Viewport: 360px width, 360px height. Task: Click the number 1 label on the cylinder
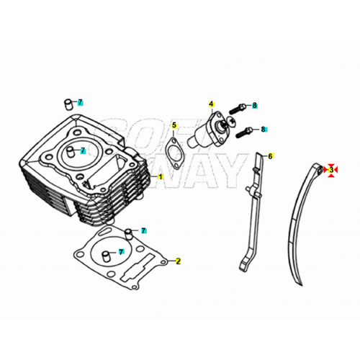(161, 176)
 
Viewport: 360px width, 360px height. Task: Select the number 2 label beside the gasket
(179, 261)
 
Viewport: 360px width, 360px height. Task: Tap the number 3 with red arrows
(331, 170)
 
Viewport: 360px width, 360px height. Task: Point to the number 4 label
(212, 104)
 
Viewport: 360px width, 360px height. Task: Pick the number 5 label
(174, 126)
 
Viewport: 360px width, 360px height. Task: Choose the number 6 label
(270, 156)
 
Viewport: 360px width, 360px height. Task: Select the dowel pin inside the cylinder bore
(75, 152)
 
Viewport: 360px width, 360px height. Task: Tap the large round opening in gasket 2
(110, 256)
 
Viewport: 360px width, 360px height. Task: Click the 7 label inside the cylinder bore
(83, 150)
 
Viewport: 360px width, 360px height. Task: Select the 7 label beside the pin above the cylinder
(81, 102)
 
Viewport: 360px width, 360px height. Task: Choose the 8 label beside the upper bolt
(254, 106)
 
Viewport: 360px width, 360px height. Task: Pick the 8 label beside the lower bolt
(263, 130)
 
